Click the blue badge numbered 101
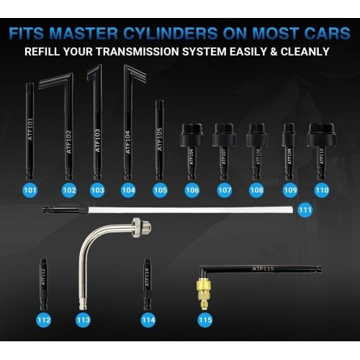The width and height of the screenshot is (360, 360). point(30,190)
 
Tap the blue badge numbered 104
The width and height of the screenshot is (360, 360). point(128,190)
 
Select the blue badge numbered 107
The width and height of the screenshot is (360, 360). point(225,190)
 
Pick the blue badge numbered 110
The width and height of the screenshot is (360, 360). point(321,190)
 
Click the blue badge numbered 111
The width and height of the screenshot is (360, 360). point(305,210)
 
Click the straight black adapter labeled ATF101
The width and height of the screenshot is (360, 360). point(30,130)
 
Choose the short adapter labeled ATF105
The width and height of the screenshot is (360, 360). point(160,137)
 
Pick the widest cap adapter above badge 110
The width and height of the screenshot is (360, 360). point(321,144)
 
